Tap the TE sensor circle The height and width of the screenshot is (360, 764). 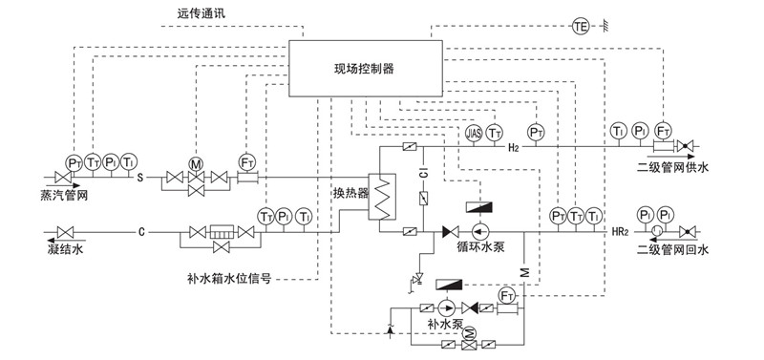tap(581, 26)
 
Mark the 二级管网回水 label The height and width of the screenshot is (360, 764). tap(674, 251)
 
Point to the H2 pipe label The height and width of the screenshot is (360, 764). tap(514, 148)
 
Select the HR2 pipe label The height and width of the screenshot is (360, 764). tap(622, 232)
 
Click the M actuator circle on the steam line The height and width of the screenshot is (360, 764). tap(196, 163)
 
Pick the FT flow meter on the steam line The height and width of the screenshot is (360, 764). tap(247, 162)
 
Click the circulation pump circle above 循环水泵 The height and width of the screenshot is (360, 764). tap(479, 232)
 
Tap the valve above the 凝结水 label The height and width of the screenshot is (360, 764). tap(67, 232)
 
